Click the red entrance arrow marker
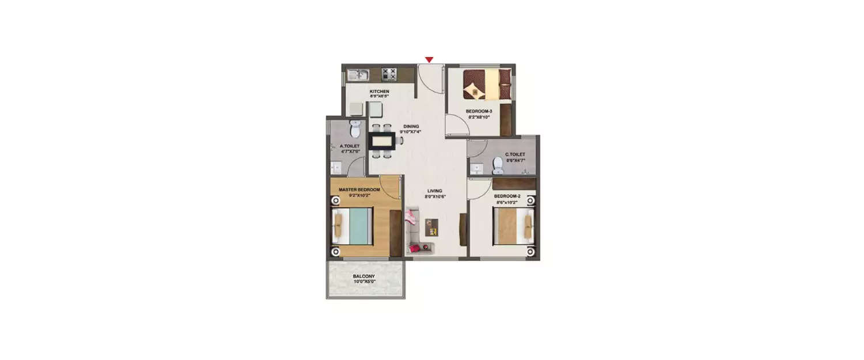(429, 60)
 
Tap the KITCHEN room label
(380, 92)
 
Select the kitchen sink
(359, 74)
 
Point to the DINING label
(411, 127)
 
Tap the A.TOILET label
(350, 146)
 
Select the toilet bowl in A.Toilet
(354, 125)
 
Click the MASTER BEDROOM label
(359, 190)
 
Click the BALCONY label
(364, 276)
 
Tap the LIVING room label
(434, 191)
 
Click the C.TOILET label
(514, 154)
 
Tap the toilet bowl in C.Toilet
(498, 165)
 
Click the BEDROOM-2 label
(507, 196)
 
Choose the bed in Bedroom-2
(514, 226)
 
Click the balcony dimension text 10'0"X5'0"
(364, 282)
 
